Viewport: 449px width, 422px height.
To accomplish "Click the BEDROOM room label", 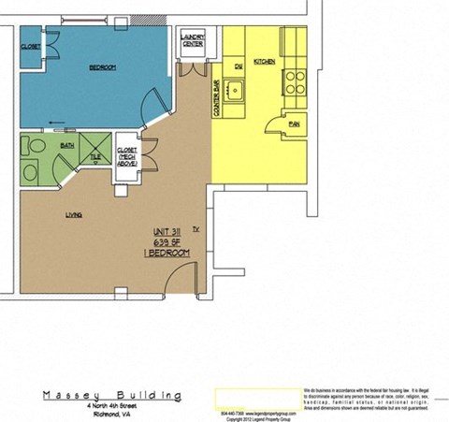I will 102,67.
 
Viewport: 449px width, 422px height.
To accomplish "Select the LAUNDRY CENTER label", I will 193,40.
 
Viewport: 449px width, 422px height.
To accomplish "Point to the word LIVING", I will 74,214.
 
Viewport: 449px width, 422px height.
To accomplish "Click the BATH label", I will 66,146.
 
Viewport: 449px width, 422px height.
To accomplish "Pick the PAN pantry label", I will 294,123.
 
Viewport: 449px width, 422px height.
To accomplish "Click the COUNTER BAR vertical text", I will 216,97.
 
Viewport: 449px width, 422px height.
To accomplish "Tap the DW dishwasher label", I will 239,65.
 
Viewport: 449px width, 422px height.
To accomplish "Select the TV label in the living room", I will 196,228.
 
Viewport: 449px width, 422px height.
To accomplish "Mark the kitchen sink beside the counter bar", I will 237,90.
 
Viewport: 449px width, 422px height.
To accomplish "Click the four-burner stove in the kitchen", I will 296,79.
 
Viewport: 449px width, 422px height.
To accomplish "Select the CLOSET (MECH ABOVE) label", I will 126,155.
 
